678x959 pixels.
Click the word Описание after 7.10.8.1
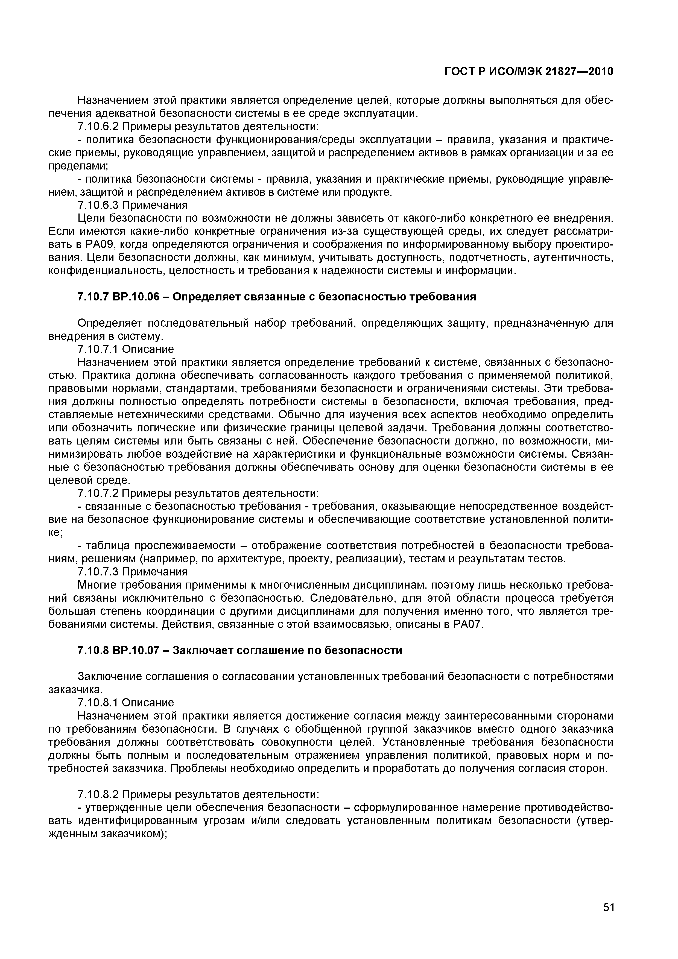(x=148, y=703)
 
